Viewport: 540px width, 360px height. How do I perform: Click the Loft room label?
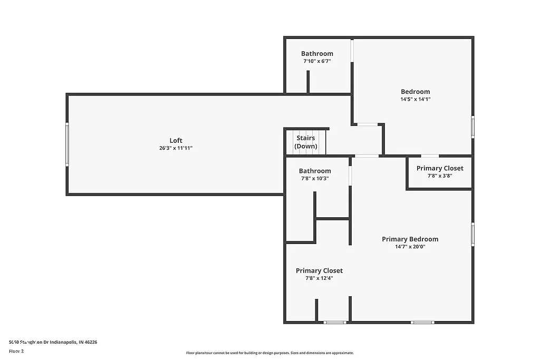tap(176, 140)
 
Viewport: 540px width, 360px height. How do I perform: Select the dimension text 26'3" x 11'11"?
tap(176, 148)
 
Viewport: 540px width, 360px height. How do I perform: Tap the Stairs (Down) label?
tap(305, 142)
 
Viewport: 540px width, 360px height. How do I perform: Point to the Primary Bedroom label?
tap(410, 239)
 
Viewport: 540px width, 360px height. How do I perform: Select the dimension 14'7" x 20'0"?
tap(410, 246)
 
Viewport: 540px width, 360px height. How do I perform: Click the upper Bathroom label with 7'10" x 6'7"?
tap(317, 53)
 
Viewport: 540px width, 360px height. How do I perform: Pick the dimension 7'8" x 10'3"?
tap(315, 178)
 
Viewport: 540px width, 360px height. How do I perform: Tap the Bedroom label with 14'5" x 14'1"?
tap(415, 91)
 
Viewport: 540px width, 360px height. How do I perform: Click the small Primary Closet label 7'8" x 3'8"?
tap(440, 168)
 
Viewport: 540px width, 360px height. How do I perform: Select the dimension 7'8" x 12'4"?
tap(319, 278)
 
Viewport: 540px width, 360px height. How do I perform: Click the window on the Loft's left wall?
tap(67, 144)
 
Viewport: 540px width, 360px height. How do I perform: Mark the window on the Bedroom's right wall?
tap(472, 127)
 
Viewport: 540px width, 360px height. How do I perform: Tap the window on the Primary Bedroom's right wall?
tap(472, 234)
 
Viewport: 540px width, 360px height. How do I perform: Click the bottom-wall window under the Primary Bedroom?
tap(422, 322)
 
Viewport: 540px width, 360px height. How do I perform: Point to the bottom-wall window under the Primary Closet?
tap(335, 322)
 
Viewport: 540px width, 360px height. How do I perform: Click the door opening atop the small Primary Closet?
tap(430, 156)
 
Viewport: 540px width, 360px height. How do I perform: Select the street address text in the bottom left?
tap(53, 342)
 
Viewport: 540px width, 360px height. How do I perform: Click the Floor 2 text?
tap(16, 351)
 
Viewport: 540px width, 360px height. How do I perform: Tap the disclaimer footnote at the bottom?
tap(269, 353)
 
